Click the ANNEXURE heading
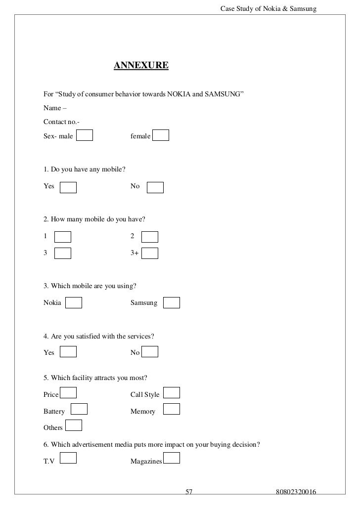[141, 65]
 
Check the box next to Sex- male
[85, 135]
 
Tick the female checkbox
[161, 135]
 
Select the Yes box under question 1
[68, 187]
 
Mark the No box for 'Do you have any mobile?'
[155, 187]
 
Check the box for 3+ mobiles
[149, 253]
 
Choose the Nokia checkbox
[74, 302]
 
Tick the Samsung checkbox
[172, 302]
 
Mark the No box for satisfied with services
[149, 351]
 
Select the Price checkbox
[68, 393]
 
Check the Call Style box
[172, 393]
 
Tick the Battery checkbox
[79, 409]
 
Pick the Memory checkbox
[172, 409]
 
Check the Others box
[74, 425]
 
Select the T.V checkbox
[68, 458]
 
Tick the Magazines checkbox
[172, 458]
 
